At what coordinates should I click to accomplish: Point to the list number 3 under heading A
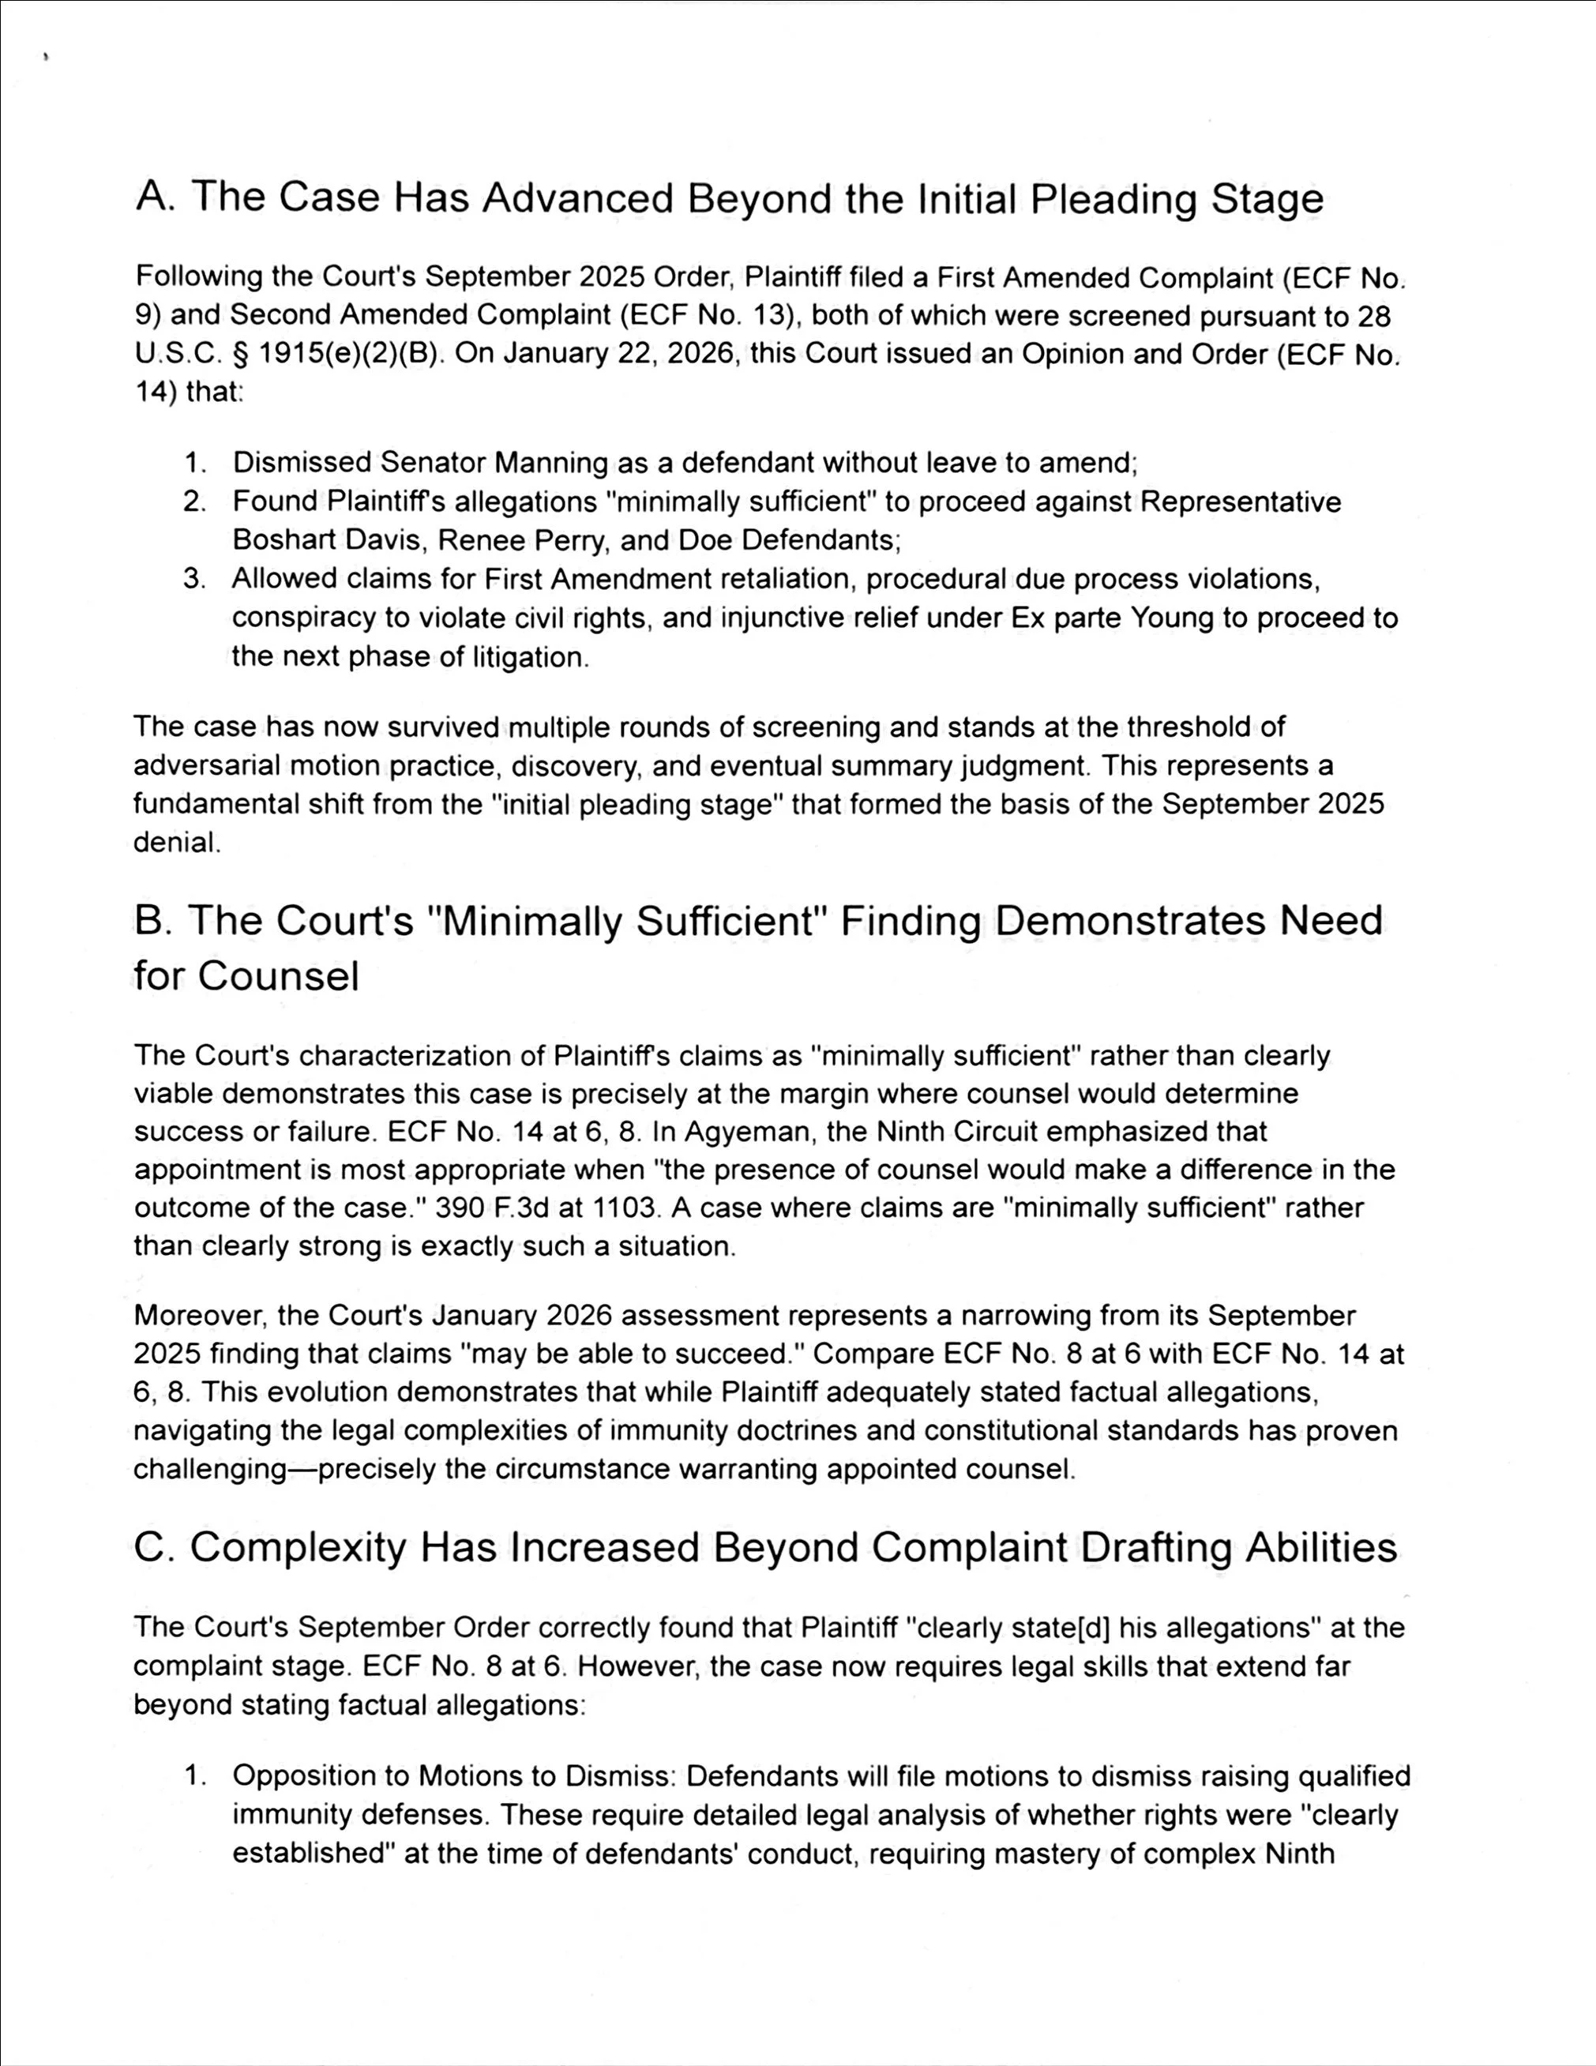click(x=194, y=578)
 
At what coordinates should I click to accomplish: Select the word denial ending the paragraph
click(x=175, y=843)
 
